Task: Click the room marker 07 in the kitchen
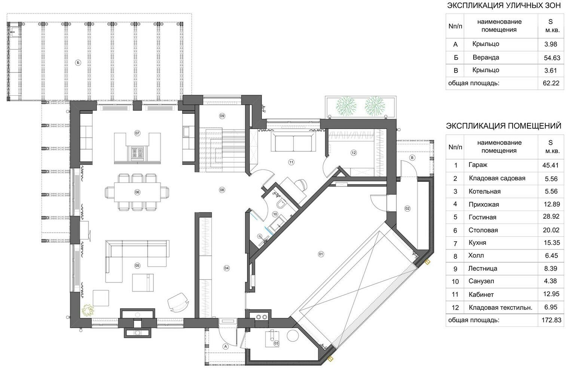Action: pos(137,133)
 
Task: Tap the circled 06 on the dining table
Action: pos(137,192)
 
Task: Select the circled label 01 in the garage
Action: pos(321,254)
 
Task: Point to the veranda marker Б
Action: pos(78,62)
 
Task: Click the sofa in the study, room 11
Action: pos(293,141)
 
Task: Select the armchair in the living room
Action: pos(178,302)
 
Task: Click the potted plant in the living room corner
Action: pos(88,310)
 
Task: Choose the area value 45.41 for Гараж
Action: pos(550,165)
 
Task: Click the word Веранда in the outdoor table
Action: pos(486,58)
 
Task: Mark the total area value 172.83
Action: pos(551,320)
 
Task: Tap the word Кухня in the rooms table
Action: pos(477,243)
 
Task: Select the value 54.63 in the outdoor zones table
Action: pos(552,58)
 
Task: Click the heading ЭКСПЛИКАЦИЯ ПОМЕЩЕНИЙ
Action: pos(504,126)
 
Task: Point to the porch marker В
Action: pos(412,158)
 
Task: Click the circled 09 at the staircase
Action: pos(222,116)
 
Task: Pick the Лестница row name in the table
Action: pos(483,269)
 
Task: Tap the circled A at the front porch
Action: pos(226,346)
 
